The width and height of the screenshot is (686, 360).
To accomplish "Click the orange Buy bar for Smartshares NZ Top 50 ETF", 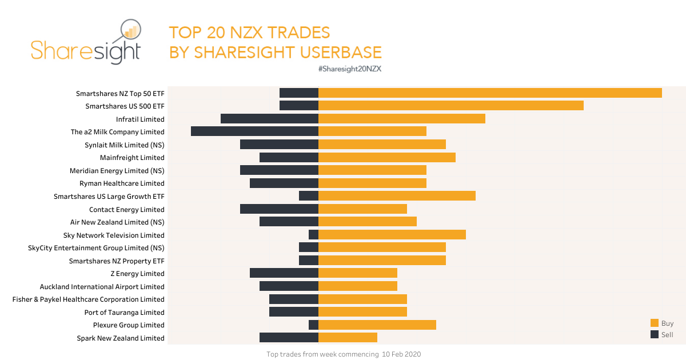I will pyautogui.click(x=490, y=93).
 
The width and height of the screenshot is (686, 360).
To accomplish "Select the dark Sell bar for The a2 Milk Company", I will pyautogui.click(x=254, y=131).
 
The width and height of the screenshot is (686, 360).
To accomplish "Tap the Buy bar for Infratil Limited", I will pyautogui.click(x=401, y=119).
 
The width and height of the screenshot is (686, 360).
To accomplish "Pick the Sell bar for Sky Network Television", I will pyautogui.click(x=313, y=235).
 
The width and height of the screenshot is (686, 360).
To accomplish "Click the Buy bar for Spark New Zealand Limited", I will pyautogui.click(x=348, y=338).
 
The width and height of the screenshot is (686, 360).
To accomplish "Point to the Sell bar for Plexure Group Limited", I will pyautogui.click(x=313, y=325).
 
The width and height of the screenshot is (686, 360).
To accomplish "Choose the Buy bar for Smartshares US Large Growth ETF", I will pyautogui.click(x=397, y=196).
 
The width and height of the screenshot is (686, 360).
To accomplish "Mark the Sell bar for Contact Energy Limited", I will pyautogui.click(x=279, y=209).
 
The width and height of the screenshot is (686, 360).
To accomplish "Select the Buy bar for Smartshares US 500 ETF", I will pyautogui.click(x=450, y=106).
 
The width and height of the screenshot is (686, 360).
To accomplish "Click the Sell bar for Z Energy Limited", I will pyautogui.click(x=284, y=274).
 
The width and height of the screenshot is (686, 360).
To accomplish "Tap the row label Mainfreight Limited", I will pyautogui.click(x=132, y=158).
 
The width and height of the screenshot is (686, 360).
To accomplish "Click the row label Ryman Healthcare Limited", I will pyautogui.click(x=122, y=183).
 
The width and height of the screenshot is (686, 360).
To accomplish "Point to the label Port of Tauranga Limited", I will pyautogui.click(x=124, y=313).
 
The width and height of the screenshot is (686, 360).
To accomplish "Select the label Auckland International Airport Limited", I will pyautogui.click(x=102, y=287).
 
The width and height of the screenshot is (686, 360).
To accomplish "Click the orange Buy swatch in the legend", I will pyautogui.click(x=655, y=323).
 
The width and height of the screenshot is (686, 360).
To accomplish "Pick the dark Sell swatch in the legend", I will pyautogui.click(x=655, y=334).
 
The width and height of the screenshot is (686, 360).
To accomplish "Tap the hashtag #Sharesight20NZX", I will pyautogui.click(x=349, y=69).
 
